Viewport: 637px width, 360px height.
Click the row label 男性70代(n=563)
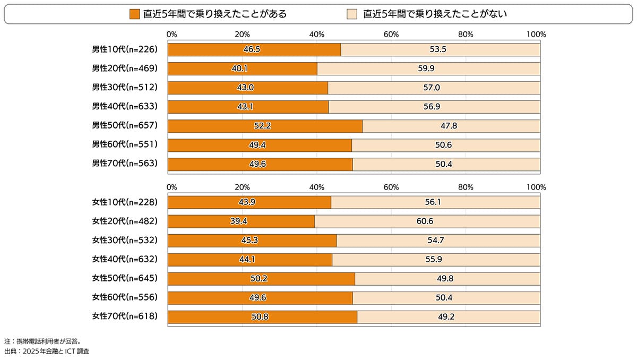[x=125, y=164]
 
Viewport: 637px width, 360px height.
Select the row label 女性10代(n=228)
[x=125, y=202]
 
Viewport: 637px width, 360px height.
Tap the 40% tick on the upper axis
[x=317, y=35]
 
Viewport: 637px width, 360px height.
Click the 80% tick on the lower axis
[x=466, y=187]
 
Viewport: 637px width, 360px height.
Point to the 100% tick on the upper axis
[x=536, y=35]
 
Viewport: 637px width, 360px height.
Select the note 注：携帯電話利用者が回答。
[x=42, y=341]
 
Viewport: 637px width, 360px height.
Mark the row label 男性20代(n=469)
[x=125, y=68]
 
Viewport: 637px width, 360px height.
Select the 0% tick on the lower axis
[x=171, y=187]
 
